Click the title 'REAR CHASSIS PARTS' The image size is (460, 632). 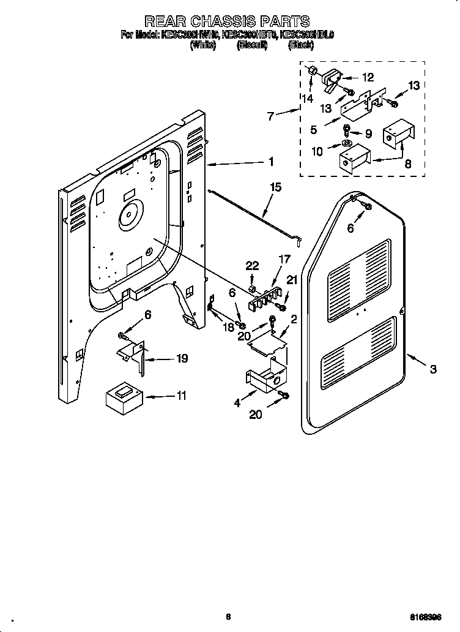coord(227,22)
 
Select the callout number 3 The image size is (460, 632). coord(433,369)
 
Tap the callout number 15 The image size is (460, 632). coord(276,187)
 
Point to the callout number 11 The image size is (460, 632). coord(180,396)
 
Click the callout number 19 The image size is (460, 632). coord(182,358)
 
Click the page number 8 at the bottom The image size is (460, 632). coord(228,617)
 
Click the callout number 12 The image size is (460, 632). coord(367,78)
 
